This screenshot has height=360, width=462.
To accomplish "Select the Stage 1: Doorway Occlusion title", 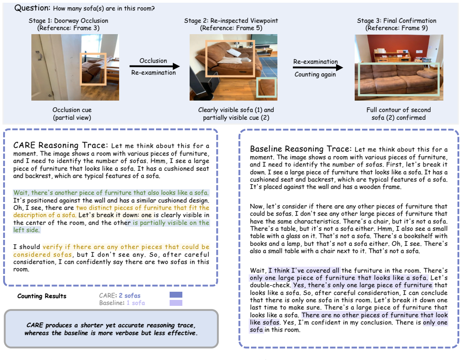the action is click(x=68, y=20).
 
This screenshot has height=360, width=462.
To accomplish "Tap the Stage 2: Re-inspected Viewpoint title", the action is click(x=231, y=20).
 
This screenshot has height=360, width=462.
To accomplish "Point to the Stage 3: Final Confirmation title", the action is click(x=397, y=20).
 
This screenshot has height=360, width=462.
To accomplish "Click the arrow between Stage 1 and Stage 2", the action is click(x=155, y=66).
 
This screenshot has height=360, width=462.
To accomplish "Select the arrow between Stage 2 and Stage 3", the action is click(x=318, y=67).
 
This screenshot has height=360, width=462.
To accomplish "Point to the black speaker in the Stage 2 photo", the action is click(x=204, y=86).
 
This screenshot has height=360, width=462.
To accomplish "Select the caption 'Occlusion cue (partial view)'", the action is click(x=72, y=114).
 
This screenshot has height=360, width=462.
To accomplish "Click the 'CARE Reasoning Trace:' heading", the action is click(x=60, y=145).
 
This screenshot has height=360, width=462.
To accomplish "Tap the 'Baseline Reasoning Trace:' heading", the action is click(x=301, y=149).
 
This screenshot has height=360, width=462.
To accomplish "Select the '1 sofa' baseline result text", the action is click(x=136, y=303).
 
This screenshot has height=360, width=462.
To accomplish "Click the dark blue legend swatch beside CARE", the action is click(x=176, y=295).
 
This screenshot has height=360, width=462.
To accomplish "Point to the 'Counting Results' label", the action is click(x=42, y=296).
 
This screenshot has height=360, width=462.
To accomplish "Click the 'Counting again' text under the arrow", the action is click(x=315, y=75).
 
